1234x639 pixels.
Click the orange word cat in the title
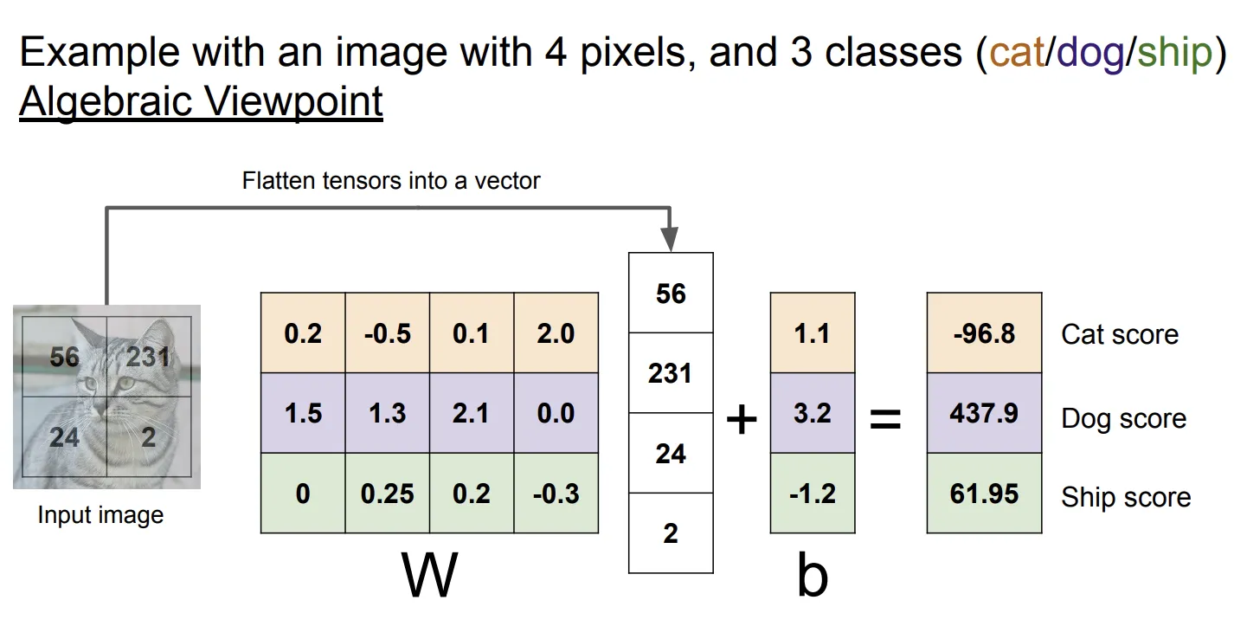[1017, 53]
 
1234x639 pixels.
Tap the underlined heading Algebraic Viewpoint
[201, 102]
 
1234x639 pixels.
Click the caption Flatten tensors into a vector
[391, 181]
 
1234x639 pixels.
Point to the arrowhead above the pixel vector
[669, 238]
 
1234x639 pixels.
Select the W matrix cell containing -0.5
[388, 333]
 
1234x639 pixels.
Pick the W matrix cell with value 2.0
[556, 333]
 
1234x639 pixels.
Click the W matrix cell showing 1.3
[388, 413]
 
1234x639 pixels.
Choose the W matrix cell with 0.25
[388, 493]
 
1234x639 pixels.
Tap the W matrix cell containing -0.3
[556, 493]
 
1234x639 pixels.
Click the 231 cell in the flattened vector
[671, 372]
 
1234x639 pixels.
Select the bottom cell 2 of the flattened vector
[671, 532]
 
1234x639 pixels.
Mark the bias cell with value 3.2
[813, 413]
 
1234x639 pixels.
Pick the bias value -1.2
[813, 493]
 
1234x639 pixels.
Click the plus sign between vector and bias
[742, 420]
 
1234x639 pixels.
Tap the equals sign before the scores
[885, 419]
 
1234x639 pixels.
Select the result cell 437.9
[985, 413]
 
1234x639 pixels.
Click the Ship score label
[1126, 497]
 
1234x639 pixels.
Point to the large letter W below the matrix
[430, 574]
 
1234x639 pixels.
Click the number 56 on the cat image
[64, 357]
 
